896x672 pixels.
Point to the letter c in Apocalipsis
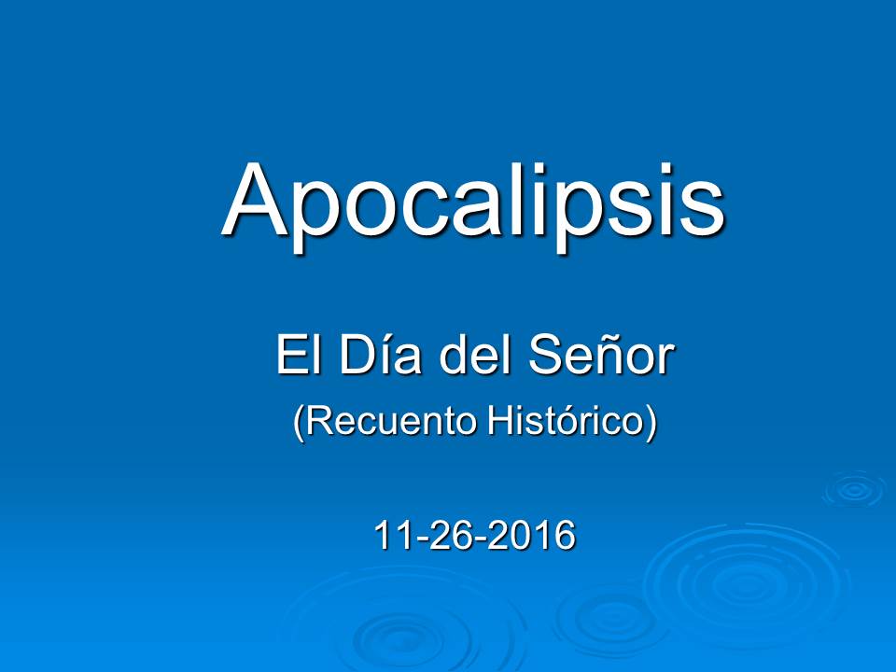[x=409, y=210]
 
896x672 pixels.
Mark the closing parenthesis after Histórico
[x=651, y=425]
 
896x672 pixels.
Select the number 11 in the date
[x=390, y=536]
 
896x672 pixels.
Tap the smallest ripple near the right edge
[x=853, y=489]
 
